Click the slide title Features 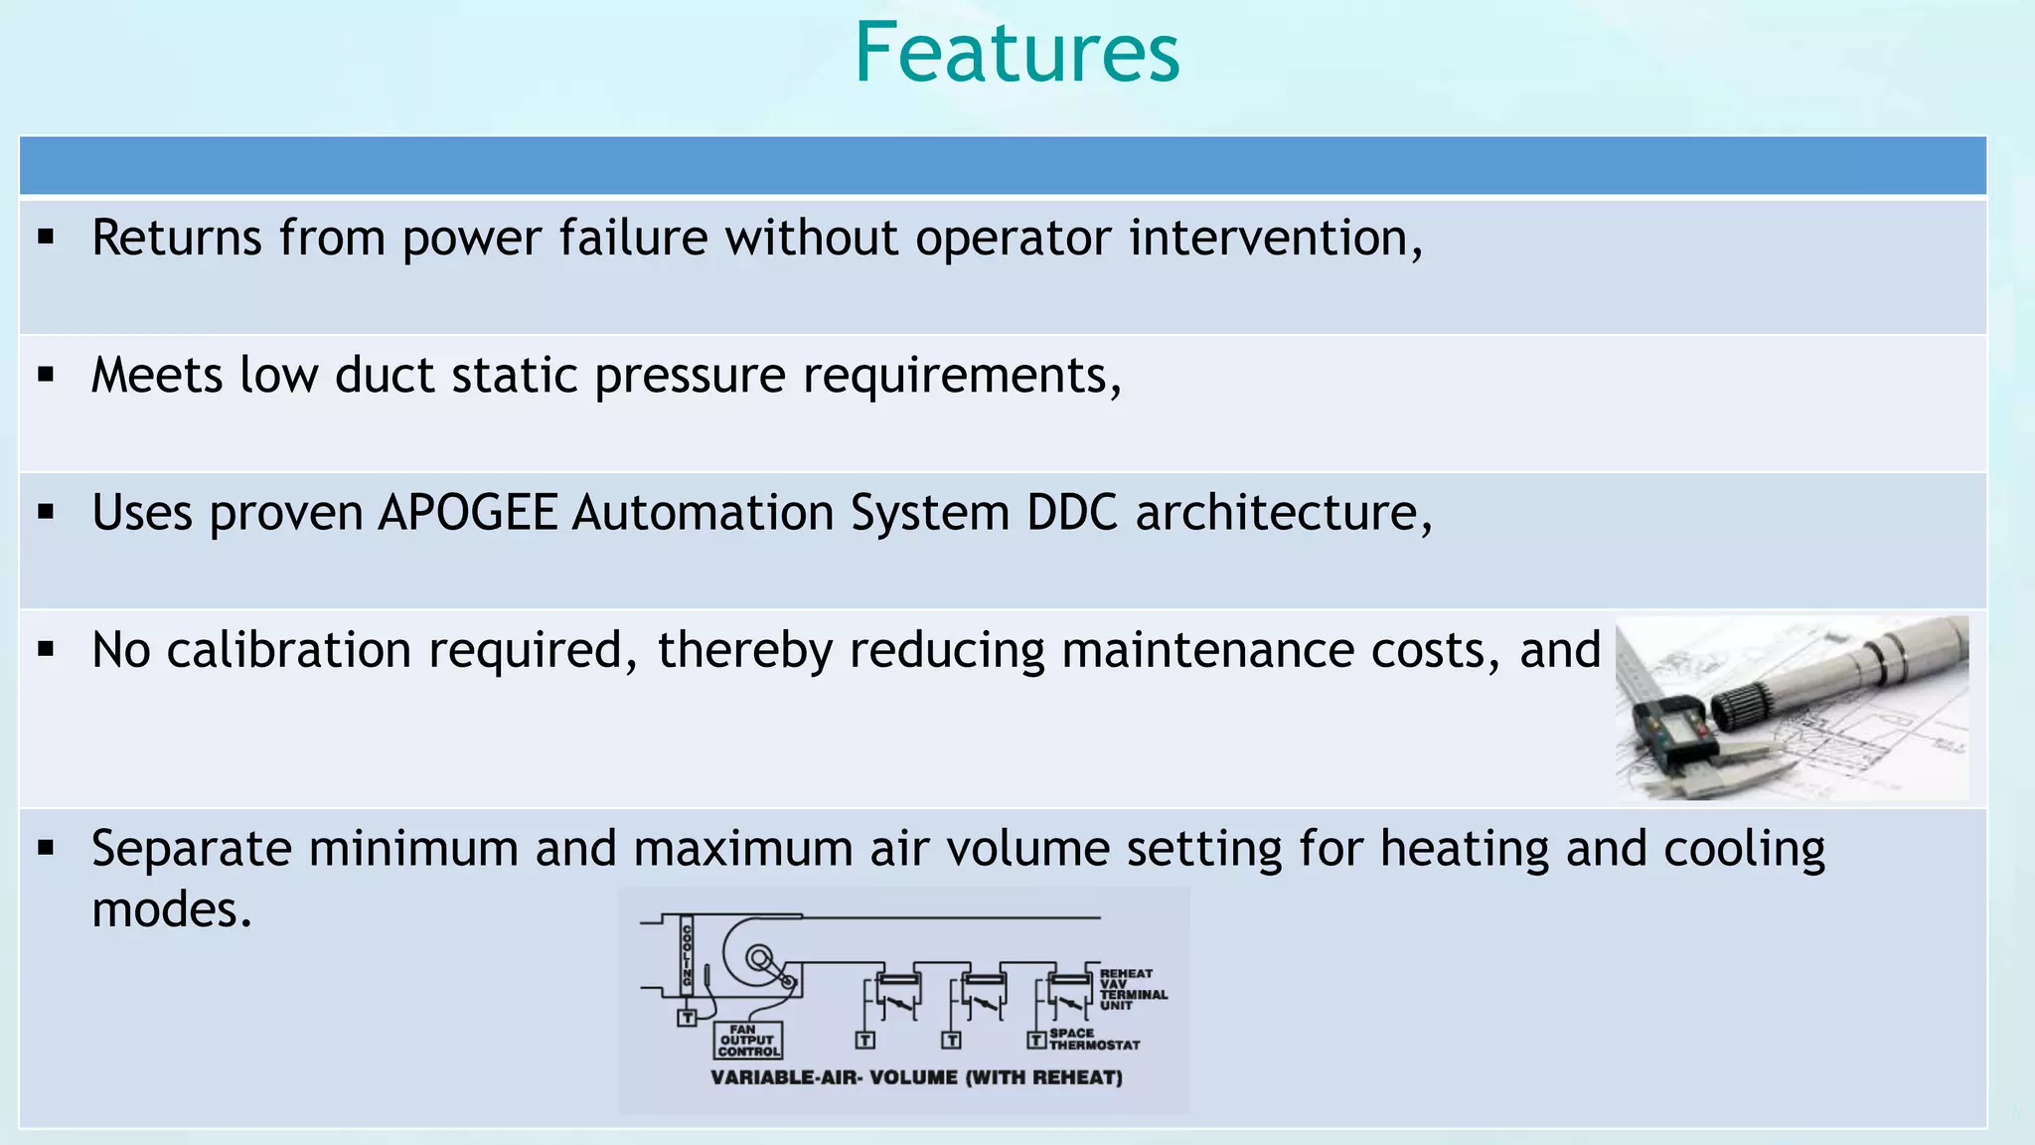click(1017, 54)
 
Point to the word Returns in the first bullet click(177, 239)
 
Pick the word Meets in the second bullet click(157, 376)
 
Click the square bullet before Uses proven click(46, 513)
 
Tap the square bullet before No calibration click(46, 650)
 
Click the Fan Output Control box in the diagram click(748, 1041)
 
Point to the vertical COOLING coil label click(687, 955)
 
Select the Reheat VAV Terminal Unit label click(1131, 989)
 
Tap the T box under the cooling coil click(687, 1018)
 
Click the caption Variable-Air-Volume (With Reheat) click(916, 1078)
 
